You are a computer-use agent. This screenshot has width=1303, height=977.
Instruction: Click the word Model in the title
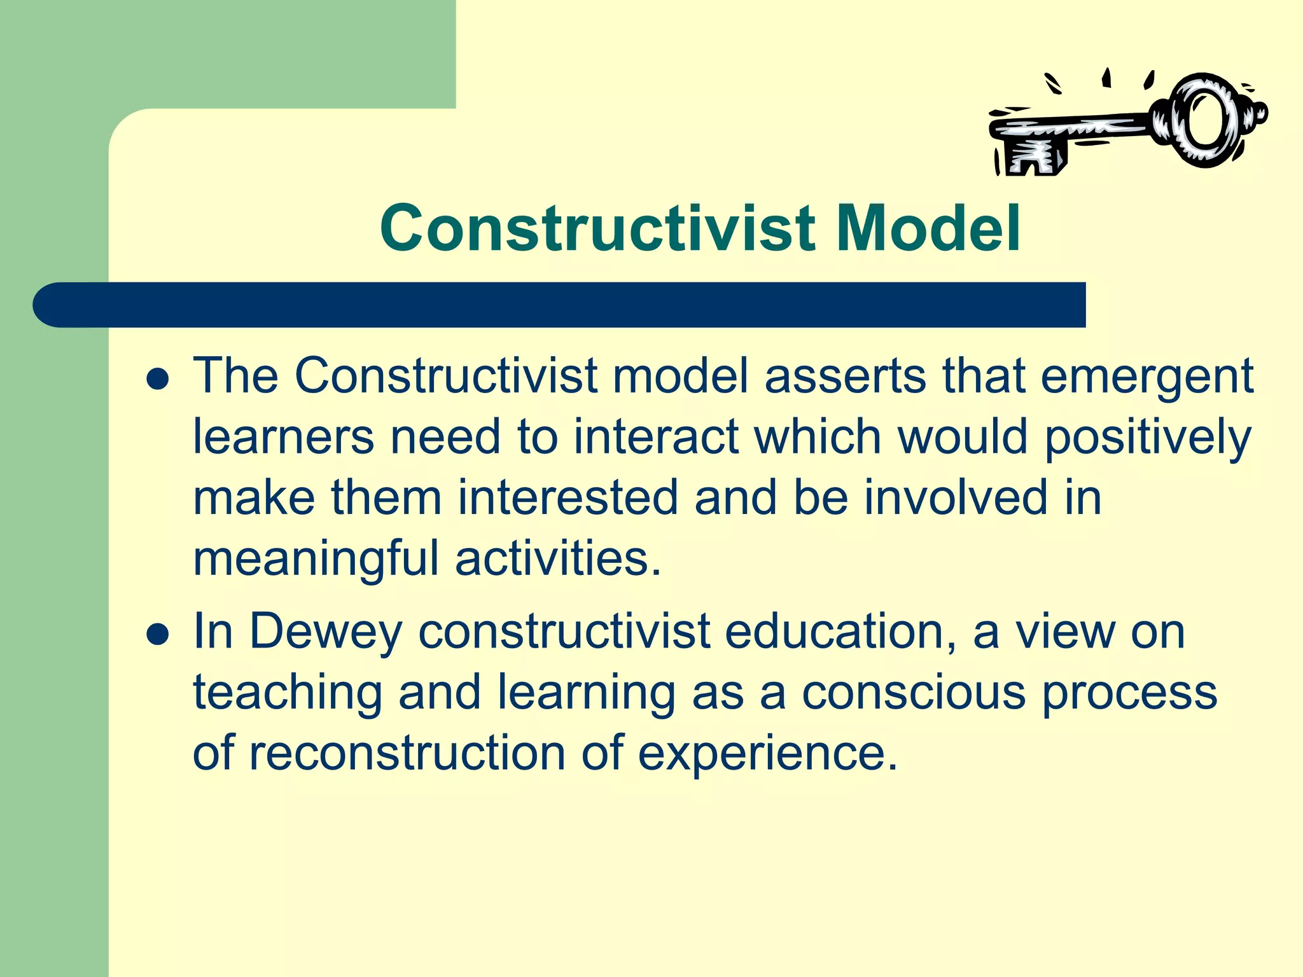[x=928, y=228]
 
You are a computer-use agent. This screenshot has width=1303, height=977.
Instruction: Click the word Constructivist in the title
[x=597, y=228]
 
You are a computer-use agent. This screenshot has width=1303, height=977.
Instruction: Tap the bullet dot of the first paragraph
[x=157, y=380]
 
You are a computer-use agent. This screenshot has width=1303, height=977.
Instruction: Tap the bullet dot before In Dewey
[x=157, y=634]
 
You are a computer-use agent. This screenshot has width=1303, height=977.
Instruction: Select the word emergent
[x=1146, y=376]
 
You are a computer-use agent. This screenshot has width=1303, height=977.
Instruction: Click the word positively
[x=1148, y=438]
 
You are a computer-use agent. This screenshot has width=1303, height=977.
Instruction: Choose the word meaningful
[x=316, y=558]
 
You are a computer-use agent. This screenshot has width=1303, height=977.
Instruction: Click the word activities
[x=557, y=558]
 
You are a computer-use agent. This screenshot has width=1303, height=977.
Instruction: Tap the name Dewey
[x=325, y=632]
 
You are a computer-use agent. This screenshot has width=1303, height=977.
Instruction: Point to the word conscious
[x=912, y=692]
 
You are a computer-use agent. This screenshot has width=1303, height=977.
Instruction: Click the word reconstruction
[x=407, y=753]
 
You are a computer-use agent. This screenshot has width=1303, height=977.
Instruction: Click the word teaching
[x=287, y=692]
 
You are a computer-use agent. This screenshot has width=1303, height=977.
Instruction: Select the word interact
[x=655, y=438]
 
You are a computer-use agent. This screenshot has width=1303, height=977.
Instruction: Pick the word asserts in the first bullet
[x=845, y=376]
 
